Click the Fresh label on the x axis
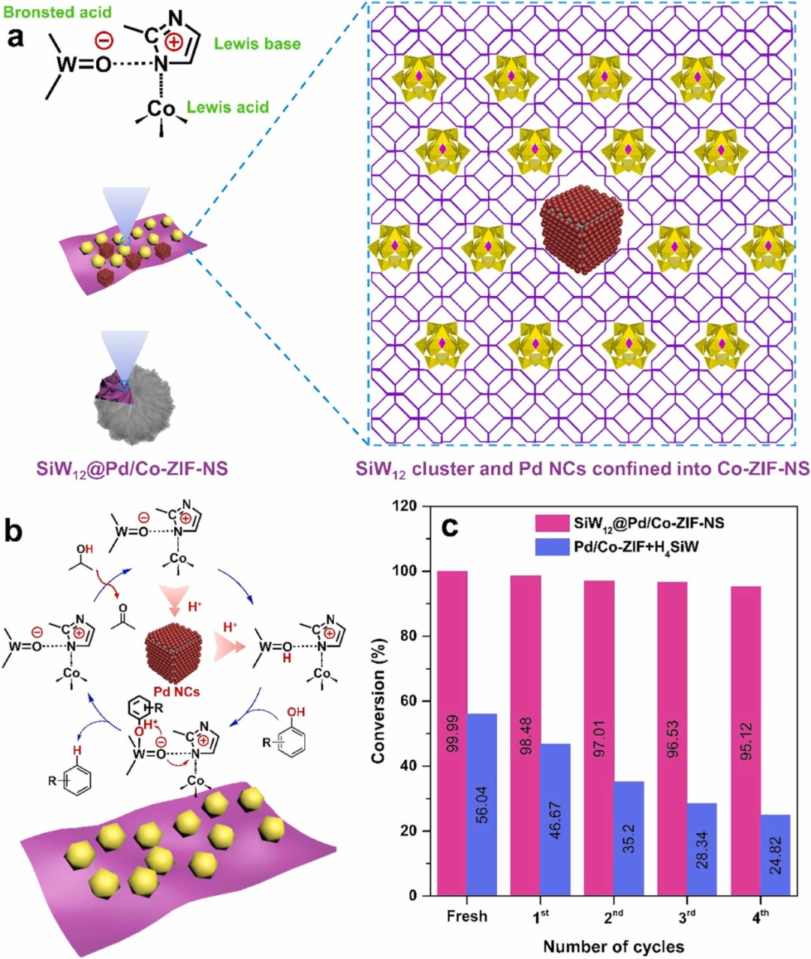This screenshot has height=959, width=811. click(466, 916)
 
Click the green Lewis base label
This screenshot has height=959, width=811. click(257, 44)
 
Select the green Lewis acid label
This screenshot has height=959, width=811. click(228, 107)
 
